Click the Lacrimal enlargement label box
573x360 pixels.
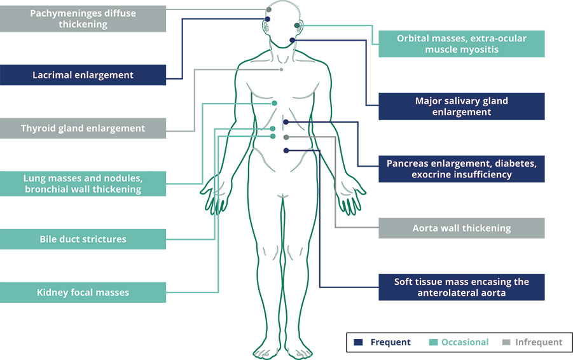coord(83,75)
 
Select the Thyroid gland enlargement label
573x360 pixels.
coord(83,128)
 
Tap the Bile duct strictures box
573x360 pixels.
coord(83,239)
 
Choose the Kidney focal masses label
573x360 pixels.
coord(83,293)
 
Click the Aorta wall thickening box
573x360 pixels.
coord(462,228)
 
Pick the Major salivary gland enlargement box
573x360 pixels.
coord(462,106)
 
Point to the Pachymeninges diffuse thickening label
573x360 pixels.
coord(83,18)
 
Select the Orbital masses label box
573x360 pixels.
coord(462,44)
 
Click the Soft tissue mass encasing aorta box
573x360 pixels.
coord(462,287)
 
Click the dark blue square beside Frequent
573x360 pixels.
coord(358,342)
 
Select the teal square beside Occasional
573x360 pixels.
coord(433,342)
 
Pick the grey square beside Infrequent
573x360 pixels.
coord(506,342)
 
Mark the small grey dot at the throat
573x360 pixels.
coord(281,69)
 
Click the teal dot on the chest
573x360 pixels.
coord(275,104)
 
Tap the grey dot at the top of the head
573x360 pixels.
coord(269,10)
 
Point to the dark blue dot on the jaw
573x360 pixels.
coord(293,40)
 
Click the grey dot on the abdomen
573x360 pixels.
coord(286,137)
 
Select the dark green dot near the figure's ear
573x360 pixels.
coord(297,25)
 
